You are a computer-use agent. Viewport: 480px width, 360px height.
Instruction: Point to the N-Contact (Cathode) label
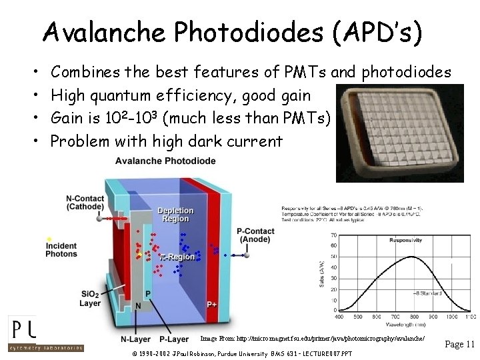(x=84, y=202)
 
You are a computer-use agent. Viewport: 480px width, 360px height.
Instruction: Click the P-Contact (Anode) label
(x=255, y=235)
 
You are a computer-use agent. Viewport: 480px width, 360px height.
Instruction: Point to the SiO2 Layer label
(x=90, y=299)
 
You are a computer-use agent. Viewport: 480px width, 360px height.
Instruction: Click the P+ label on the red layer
(x=211, y=305)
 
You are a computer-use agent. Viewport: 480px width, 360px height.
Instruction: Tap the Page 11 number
(x=459, y=344)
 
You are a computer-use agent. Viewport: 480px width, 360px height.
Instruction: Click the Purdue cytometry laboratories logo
(x=45, y=333)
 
